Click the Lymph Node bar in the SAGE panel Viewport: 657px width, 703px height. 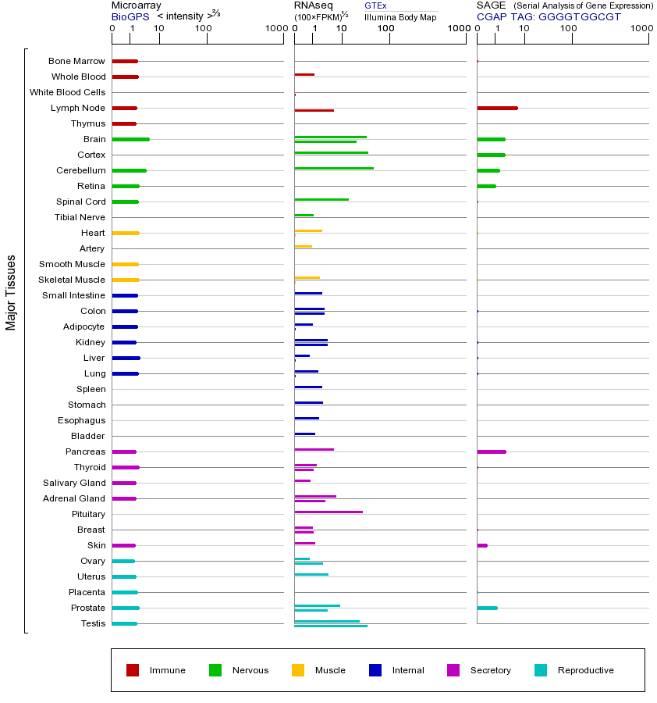tap(497, 108)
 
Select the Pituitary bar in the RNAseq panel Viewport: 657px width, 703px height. tap(328, 512)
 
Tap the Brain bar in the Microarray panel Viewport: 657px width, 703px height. tap(130, 139)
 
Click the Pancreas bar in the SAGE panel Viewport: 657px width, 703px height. tap(492, 451)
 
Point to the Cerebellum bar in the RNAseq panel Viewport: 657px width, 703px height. tap(334, 168)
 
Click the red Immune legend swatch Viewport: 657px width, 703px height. tap(133, 670)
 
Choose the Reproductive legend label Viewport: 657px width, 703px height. tap(585, 670)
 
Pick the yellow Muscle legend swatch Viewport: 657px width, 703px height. tap(298, 670)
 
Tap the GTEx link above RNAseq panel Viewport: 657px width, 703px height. tap(375, 5)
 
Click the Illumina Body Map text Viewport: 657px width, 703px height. tap(400, 16)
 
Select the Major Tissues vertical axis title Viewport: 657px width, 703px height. tap(11, 292)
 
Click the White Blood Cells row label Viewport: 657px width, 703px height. tap(67, 92)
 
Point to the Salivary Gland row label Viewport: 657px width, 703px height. tap(74, 483)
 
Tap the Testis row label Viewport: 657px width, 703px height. tap(93, 623)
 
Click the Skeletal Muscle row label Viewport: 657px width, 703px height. tap(72, 280)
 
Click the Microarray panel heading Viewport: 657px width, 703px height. tap(136, 5)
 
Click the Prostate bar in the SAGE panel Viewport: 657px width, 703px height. tap(487, 608)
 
